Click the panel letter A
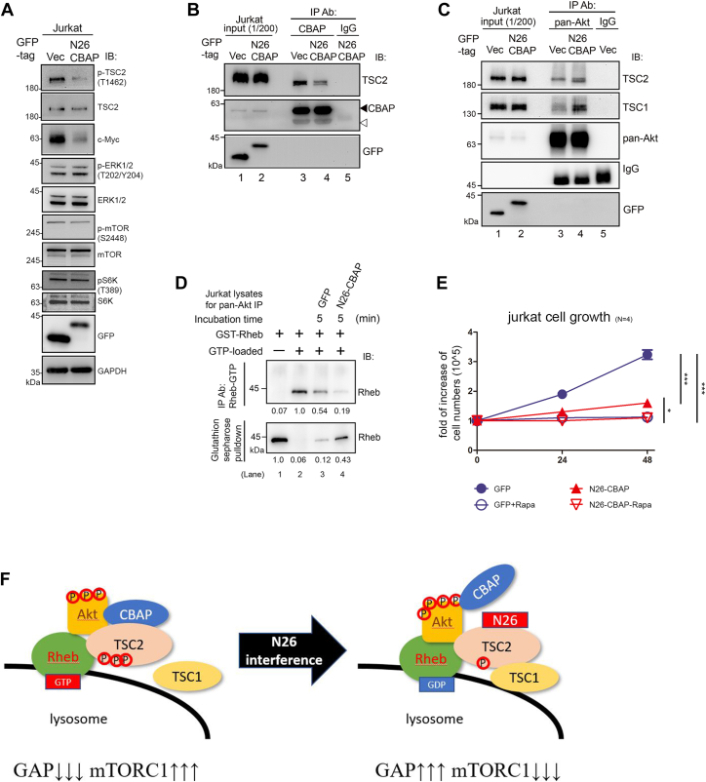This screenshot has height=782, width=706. tap(10, 11)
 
